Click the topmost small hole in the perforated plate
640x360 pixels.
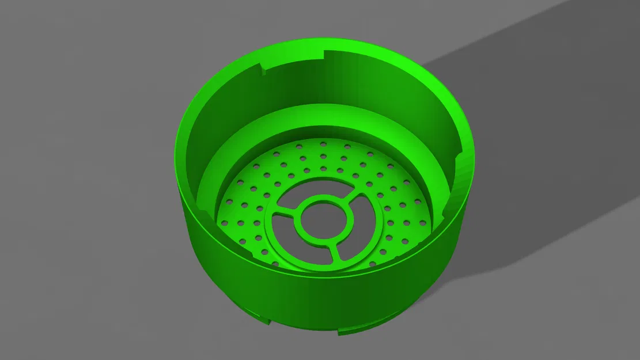(323, 141)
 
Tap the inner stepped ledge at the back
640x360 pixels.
(323, 118)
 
